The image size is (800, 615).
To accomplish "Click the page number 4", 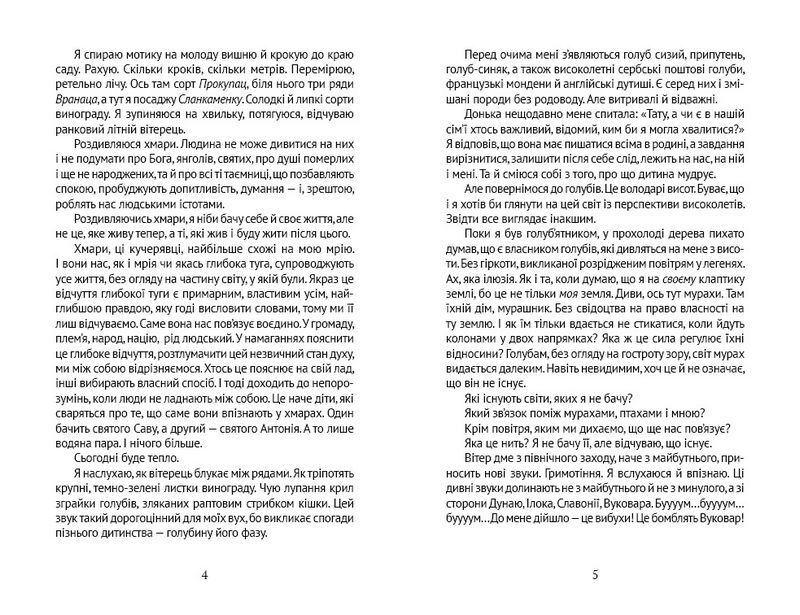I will pyautogui.click(x=203, y=573).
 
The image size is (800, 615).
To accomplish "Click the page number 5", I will pyautogui.click(x=594, y=573).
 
